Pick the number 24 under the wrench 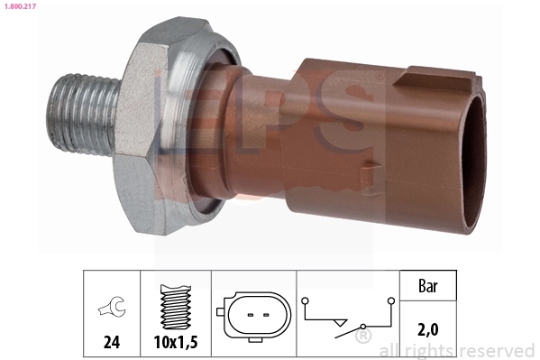coord(112,344)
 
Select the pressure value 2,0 coord(428,331)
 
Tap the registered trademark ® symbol coord(362,337)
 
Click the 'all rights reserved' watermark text coord(457,350)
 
